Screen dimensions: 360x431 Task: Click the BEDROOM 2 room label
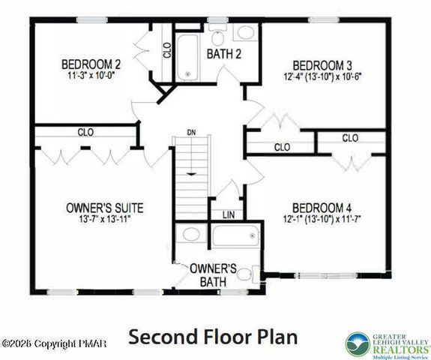[x=91, y=64]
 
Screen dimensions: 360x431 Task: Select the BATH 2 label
[x=223, y=53]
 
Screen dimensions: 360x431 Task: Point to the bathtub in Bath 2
[x=187, y=55]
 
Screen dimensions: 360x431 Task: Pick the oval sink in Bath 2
[x=246, y=34]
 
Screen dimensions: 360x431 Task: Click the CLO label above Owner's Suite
[x=85, y=132]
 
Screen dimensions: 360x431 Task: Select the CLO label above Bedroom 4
[x=349, y=138]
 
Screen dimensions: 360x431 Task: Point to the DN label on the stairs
[x=192, y=133]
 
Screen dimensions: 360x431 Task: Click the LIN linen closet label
[x=228, y=214]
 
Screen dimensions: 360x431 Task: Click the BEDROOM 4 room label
[x=322, y=208]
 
